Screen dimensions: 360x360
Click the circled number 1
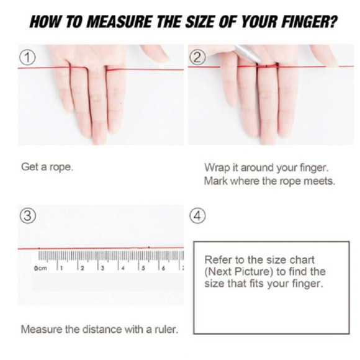coord(27,58)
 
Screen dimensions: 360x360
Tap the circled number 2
coord(197,58)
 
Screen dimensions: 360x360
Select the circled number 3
coord(27,216)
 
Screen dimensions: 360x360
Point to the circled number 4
coord(197,216)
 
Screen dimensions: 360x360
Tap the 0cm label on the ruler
coord(40,268)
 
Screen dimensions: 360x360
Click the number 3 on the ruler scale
coord(102,268)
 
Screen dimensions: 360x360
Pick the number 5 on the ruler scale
coord(143,268)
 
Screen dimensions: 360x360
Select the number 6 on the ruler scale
coord(163,268)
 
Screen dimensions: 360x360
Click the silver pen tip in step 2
coord(259,61)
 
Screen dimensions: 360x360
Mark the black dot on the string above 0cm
coord(39,248)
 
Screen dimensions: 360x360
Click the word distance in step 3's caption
coord(102,330)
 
